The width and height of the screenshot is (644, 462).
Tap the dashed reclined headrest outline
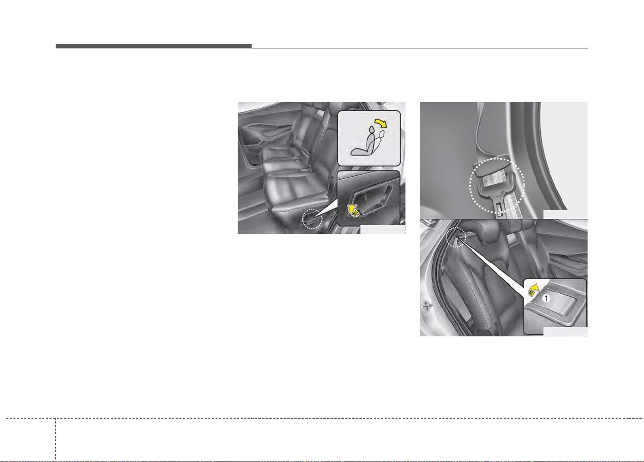tap(382, 134)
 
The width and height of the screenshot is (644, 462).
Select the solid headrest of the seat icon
tap(371, 130)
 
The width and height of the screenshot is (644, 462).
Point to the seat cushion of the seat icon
tap(359, 152)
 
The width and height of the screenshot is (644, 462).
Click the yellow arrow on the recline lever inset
tap(353, 211)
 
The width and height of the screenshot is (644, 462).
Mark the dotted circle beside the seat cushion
tap(312, 219)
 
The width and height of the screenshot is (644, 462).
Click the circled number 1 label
tap(546, 298)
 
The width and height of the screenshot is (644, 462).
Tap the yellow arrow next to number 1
tap(534, 290)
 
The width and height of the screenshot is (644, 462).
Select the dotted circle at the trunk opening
tap(456, 236)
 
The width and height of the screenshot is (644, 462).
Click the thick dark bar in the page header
tap(154, 46)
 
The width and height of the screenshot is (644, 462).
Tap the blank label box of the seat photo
tap(383, 229)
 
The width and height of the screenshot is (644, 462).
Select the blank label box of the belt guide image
tap(565, 214)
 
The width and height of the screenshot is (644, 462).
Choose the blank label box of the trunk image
tap(565, 331)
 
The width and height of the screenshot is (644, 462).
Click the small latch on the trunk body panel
tap(426, 306)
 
